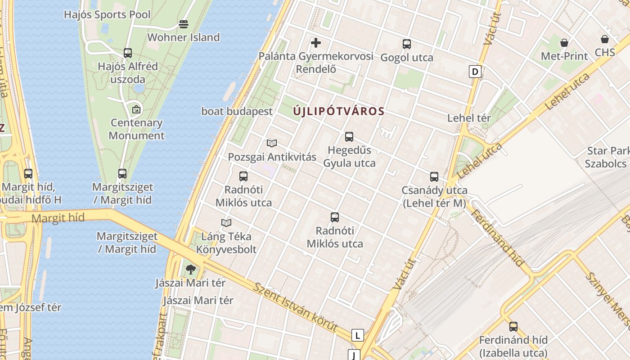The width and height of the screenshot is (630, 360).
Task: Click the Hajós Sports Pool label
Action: pyautogui.click(x=107, y=14)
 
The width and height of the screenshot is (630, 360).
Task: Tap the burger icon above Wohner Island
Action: pyautogui.click(x=184, y=24)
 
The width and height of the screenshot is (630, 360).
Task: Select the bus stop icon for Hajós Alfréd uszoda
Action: pyautogui.click(x=128, y=53)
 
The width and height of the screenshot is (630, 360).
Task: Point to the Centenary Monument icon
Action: pyautogui.click(x=136, y=109)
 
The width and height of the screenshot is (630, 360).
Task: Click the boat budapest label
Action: pyautogui.click(x=237, y=111)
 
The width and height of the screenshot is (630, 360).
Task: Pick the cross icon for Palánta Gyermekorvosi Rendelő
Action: pyautogui.click(x=316, y=43)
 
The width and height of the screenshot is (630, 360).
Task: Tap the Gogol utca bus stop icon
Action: pyautogui.click(x=407, y=44)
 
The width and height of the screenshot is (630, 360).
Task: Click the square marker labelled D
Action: pyautogui.click(x=475, y=71)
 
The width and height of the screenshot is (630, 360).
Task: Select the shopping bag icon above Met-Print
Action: pyautogui.click(x=564, y=43)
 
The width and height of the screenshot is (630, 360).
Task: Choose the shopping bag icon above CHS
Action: pyautogui.click(x=604, y=39)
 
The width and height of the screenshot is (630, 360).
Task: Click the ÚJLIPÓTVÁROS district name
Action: pyautogui.click(x=339, y=111)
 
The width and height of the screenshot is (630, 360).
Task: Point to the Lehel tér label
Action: pyautogui.click(x=469, y=118)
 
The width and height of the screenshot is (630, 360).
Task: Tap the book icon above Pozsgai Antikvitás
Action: pyautogui.click(x=271, y=144)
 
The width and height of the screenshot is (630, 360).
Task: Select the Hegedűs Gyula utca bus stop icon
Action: pyautogui.click(x=349, y=137)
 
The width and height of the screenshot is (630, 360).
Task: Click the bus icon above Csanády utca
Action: pyautogui.click(x=434, y=177)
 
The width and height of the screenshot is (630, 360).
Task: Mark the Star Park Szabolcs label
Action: pyautogui.click(x=607, y=157)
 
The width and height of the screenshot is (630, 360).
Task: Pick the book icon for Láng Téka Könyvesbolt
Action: pyautogui.click(x=226, y=223)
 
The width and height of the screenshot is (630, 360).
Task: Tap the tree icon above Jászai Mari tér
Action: pyautogui.click(x=190, y=270)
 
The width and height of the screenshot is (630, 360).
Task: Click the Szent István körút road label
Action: pyautogui.click(x=295, y=307)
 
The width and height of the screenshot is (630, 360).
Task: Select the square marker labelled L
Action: pyautogui.click(x=357, y=335)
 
